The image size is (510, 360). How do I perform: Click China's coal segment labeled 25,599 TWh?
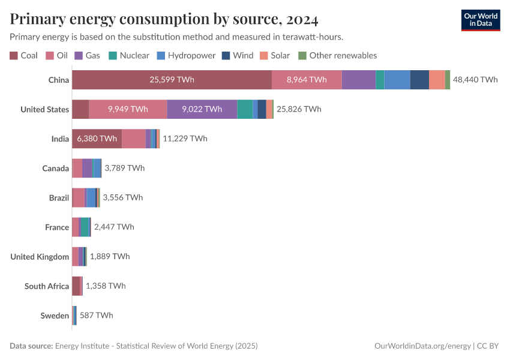(172, 80)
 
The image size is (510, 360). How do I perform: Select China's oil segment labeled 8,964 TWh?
(307, 80)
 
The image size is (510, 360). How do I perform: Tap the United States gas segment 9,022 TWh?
(202, 109)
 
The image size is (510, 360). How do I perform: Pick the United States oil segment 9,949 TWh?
(128, 109)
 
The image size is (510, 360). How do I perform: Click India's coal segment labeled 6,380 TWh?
(97, 139)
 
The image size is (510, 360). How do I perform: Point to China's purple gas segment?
(358, 80)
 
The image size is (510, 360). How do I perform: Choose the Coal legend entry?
(23, 55)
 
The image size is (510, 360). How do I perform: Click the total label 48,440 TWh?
(475, 80)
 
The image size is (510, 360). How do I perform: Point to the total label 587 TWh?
(96, 315)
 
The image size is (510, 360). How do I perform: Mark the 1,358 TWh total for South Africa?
(106, 286)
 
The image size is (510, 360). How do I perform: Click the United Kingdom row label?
(40, 257)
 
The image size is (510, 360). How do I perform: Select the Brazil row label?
(59, 198)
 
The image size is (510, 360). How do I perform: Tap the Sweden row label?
(55, 316)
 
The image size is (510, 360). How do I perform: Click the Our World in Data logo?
(481, 20)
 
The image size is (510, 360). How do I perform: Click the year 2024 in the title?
(298, 20)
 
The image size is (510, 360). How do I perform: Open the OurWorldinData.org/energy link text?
(422, 346)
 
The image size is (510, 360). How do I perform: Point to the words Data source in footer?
(31, 346)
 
